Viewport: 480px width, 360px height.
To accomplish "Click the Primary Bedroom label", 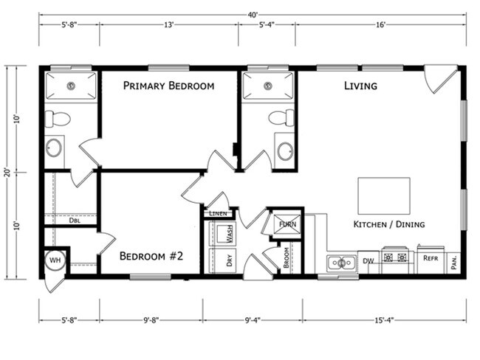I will (168, 86).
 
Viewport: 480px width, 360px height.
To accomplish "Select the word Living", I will (360, 86).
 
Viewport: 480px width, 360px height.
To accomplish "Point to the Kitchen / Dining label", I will (388, 224).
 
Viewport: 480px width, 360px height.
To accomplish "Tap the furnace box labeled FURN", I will (284, 224).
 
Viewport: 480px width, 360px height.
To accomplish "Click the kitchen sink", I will (341, 263).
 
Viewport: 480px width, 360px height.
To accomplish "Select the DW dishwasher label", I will (367, 260).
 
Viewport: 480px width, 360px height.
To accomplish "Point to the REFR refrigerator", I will (430, 259).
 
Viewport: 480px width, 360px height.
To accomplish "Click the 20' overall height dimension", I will (7, 172).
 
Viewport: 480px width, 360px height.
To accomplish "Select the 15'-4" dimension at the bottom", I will (384, 320).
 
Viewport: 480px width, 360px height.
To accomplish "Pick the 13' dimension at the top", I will (168, 24).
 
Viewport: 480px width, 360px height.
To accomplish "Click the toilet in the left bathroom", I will (58, 118).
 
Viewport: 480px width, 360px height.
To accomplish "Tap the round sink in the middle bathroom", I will (286, 151).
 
